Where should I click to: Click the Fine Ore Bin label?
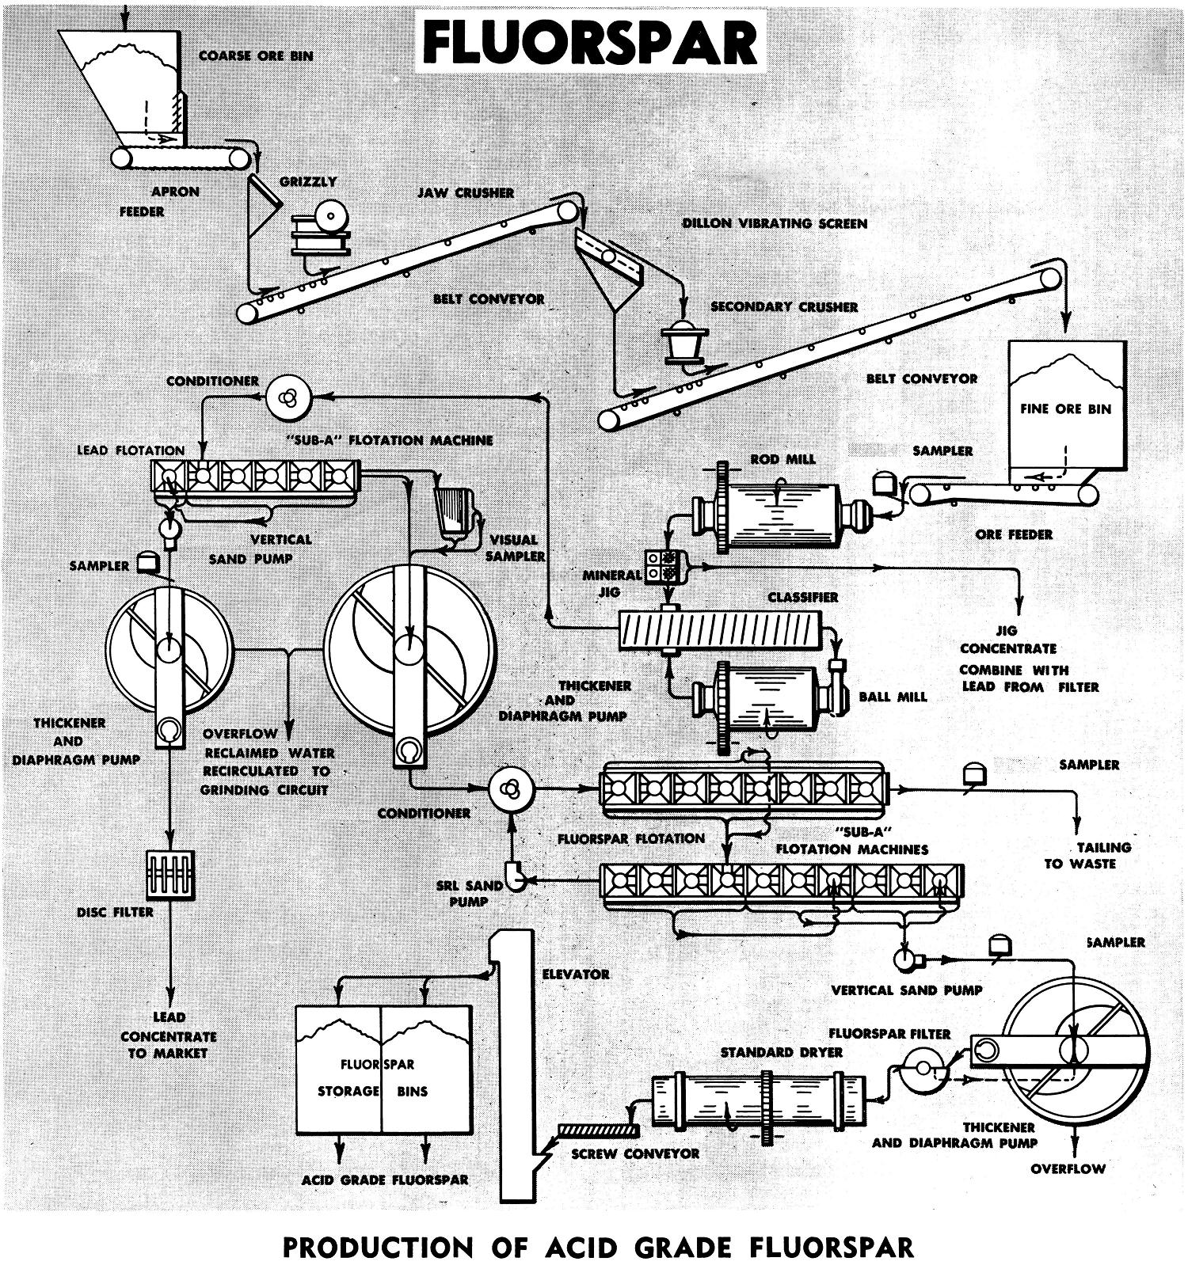pyautogui.click(x=1065, y=409)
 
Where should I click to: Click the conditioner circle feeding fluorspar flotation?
pyautogui.click(x=512, y=788)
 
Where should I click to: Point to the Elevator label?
pyautogui.click(x=576, y=974)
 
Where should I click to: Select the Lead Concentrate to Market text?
pyautogui.click(x=169, y=1035)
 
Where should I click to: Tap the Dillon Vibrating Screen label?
pyautogui.click(x=775, y=223)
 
